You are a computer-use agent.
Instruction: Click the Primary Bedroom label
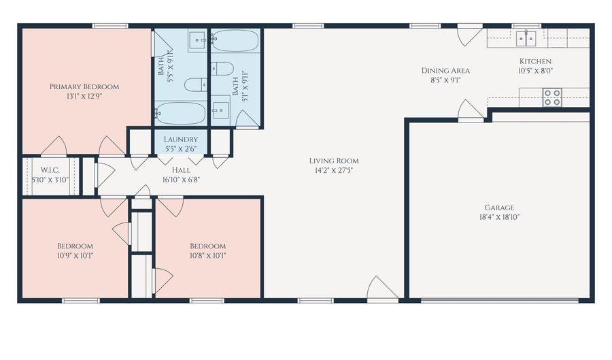84,86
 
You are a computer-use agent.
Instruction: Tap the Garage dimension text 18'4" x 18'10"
499,217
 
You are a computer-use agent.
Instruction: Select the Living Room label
334,161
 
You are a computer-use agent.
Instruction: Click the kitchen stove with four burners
552,97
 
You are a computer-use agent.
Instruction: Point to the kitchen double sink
526,39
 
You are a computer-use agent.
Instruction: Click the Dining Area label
445,71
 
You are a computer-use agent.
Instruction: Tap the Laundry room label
181,140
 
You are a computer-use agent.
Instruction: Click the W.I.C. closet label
50,170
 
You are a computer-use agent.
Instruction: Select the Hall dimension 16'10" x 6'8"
181,180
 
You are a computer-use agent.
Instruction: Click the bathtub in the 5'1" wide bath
235,41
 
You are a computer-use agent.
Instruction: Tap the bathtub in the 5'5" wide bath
180,113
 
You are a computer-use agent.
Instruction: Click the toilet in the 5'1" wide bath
222,69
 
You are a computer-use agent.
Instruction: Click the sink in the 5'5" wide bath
199,40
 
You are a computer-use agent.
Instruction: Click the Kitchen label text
536,61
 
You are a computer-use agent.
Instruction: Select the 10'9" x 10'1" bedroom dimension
75,256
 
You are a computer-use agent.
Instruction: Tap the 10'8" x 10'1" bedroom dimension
207,256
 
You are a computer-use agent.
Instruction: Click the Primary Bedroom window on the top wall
110,26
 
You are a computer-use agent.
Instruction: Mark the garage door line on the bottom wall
499,300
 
